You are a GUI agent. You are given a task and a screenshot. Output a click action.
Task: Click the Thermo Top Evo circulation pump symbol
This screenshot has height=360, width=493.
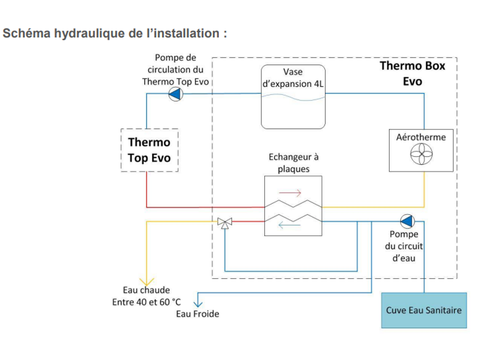click(176, 93)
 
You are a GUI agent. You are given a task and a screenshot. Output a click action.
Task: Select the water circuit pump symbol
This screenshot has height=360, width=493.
click(407, 221)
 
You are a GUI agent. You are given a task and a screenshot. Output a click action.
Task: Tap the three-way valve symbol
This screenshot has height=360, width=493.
click(225, 223)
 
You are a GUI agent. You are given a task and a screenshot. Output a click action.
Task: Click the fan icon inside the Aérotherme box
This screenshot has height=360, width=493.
click(421, 154)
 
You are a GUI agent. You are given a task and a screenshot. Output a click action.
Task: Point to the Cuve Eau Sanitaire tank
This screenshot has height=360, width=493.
click(424, 310)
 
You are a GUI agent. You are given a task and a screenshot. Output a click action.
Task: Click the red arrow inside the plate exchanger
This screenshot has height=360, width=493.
click(290, 193)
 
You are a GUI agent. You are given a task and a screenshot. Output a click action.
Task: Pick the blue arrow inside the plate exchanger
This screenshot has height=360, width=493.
click(290, 225)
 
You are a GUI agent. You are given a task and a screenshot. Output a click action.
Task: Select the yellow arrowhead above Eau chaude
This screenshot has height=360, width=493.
click(147, 282)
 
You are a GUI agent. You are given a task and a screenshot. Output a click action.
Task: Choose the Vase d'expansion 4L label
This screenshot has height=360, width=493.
click(293, 78)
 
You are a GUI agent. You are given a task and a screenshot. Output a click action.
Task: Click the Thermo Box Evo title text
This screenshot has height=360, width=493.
click(413, 73)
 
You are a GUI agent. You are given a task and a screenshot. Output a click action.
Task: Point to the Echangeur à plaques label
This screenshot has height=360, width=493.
click(293, 163)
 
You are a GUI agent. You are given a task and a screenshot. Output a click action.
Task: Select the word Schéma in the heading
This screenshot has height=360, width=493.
click(26, 33)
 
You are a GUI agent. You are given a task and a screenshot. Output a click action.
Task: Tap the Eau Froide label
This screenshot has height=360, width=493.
click(197, 314)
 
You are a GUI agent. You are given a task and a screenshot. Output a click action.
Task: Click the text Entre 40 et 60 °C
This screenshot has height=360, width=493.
click(147, 302)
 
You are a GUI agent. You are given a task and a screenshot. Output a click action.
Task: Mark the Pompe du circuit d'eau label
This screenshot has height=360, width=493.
click(404, 246)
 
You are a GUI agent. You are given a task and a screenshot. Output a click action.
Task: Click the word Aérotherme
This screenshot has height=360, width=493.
click(421, 137)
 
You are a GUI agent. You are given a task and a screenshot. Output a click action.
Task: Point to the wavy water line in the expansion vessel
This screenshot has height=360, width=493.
click(293, 98)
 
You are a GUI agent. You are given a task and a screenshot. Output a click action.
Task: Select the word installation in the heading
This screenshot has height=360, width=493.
click(186, 33)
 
